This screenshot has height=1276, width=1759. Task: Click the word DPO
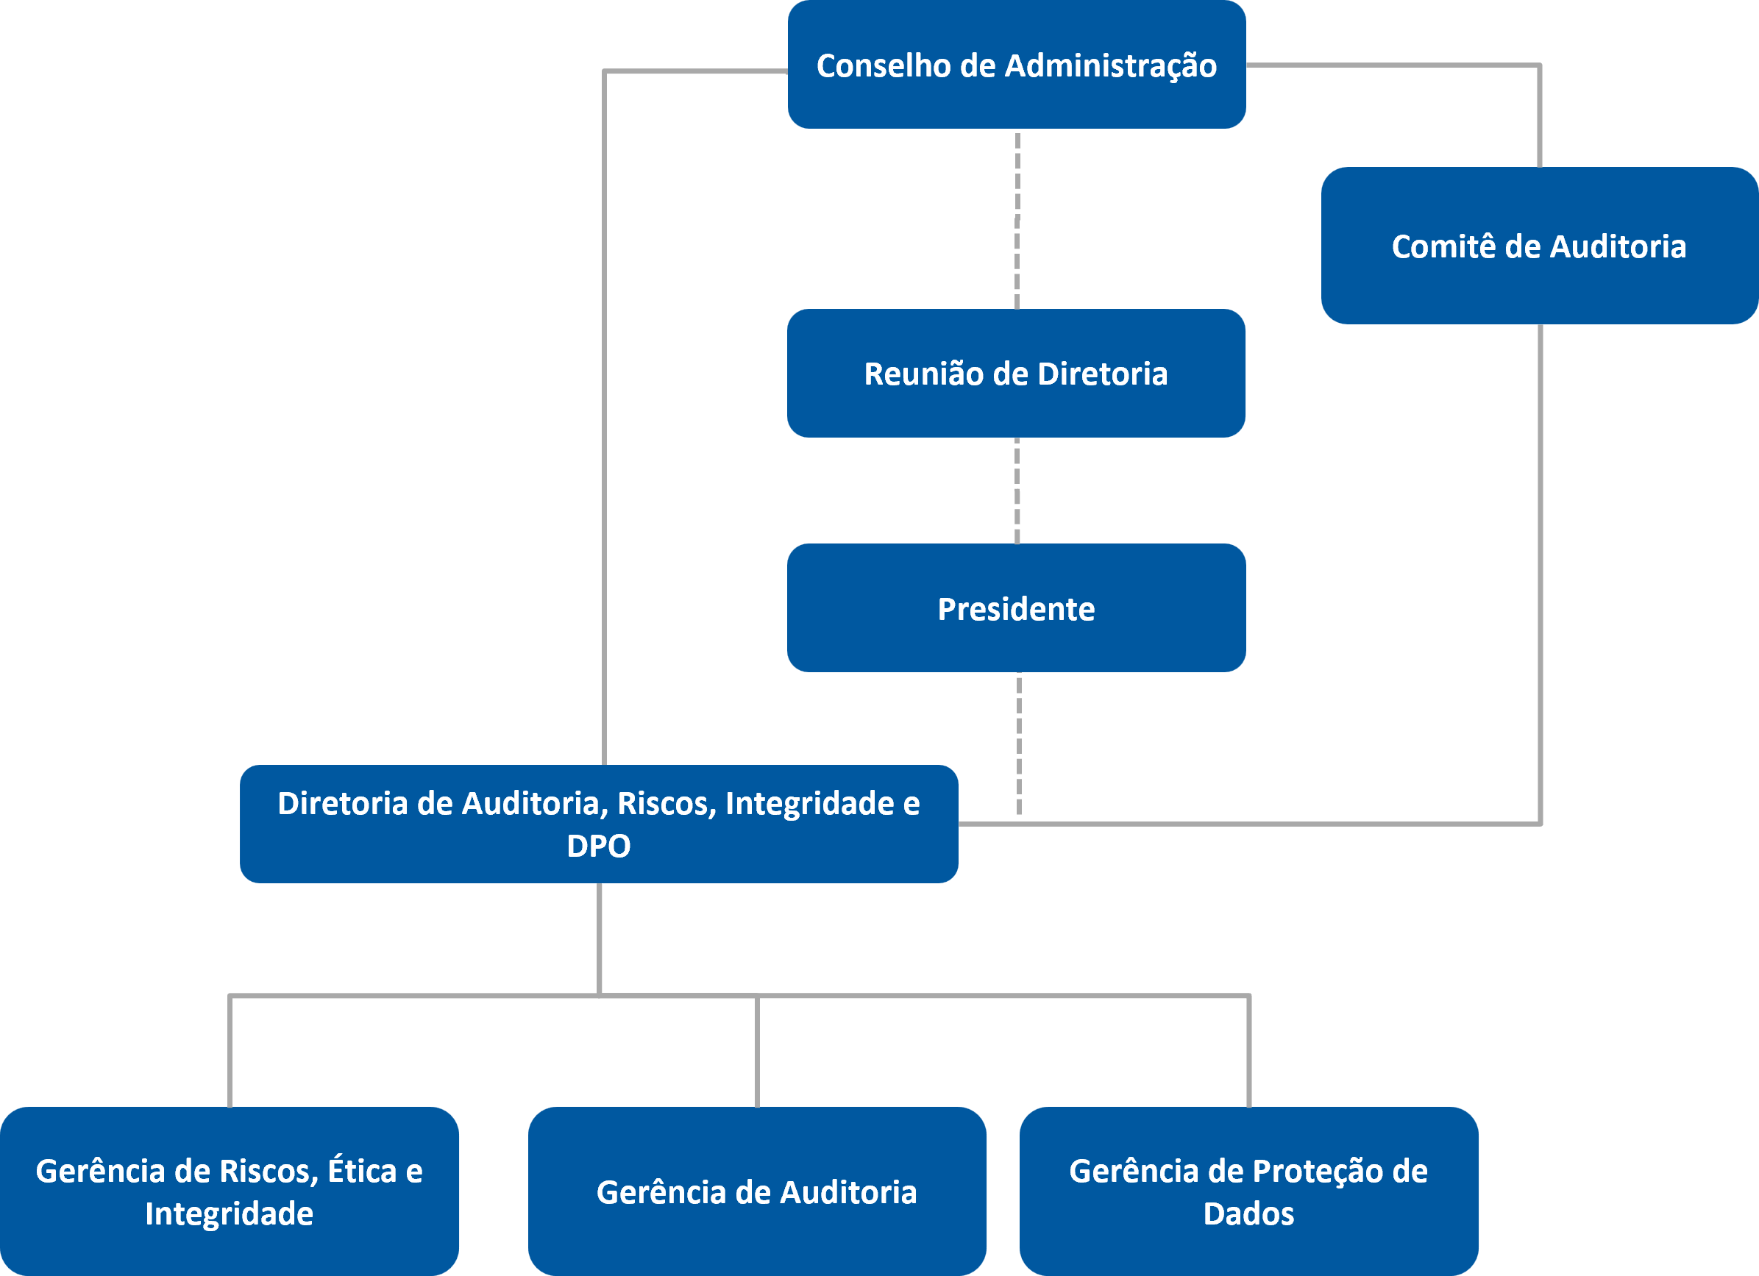click(598, 846)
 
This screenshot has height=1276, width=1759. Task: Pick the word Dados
click(1248, 1213)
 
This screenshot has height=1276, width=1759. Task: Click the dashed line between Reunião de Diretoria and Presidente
click(1017, 490)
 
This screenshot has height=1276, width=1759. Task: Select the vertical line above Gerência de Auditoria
click(757, 1051)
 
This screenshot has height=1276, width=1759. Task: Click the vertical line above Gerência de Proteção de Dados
click(1248, 1051)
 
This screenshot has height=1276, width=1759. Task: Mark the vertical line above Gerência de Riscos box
click(230, 1051)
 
